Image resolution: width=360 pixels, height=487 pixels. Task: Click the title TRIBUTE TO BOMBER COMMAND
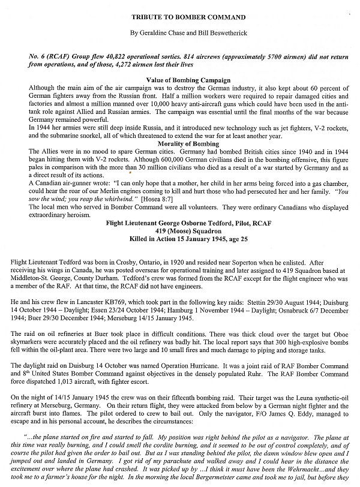pos(181,11)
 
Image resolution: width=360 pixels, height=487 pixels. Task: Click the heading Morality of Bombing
pos(180,145)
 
